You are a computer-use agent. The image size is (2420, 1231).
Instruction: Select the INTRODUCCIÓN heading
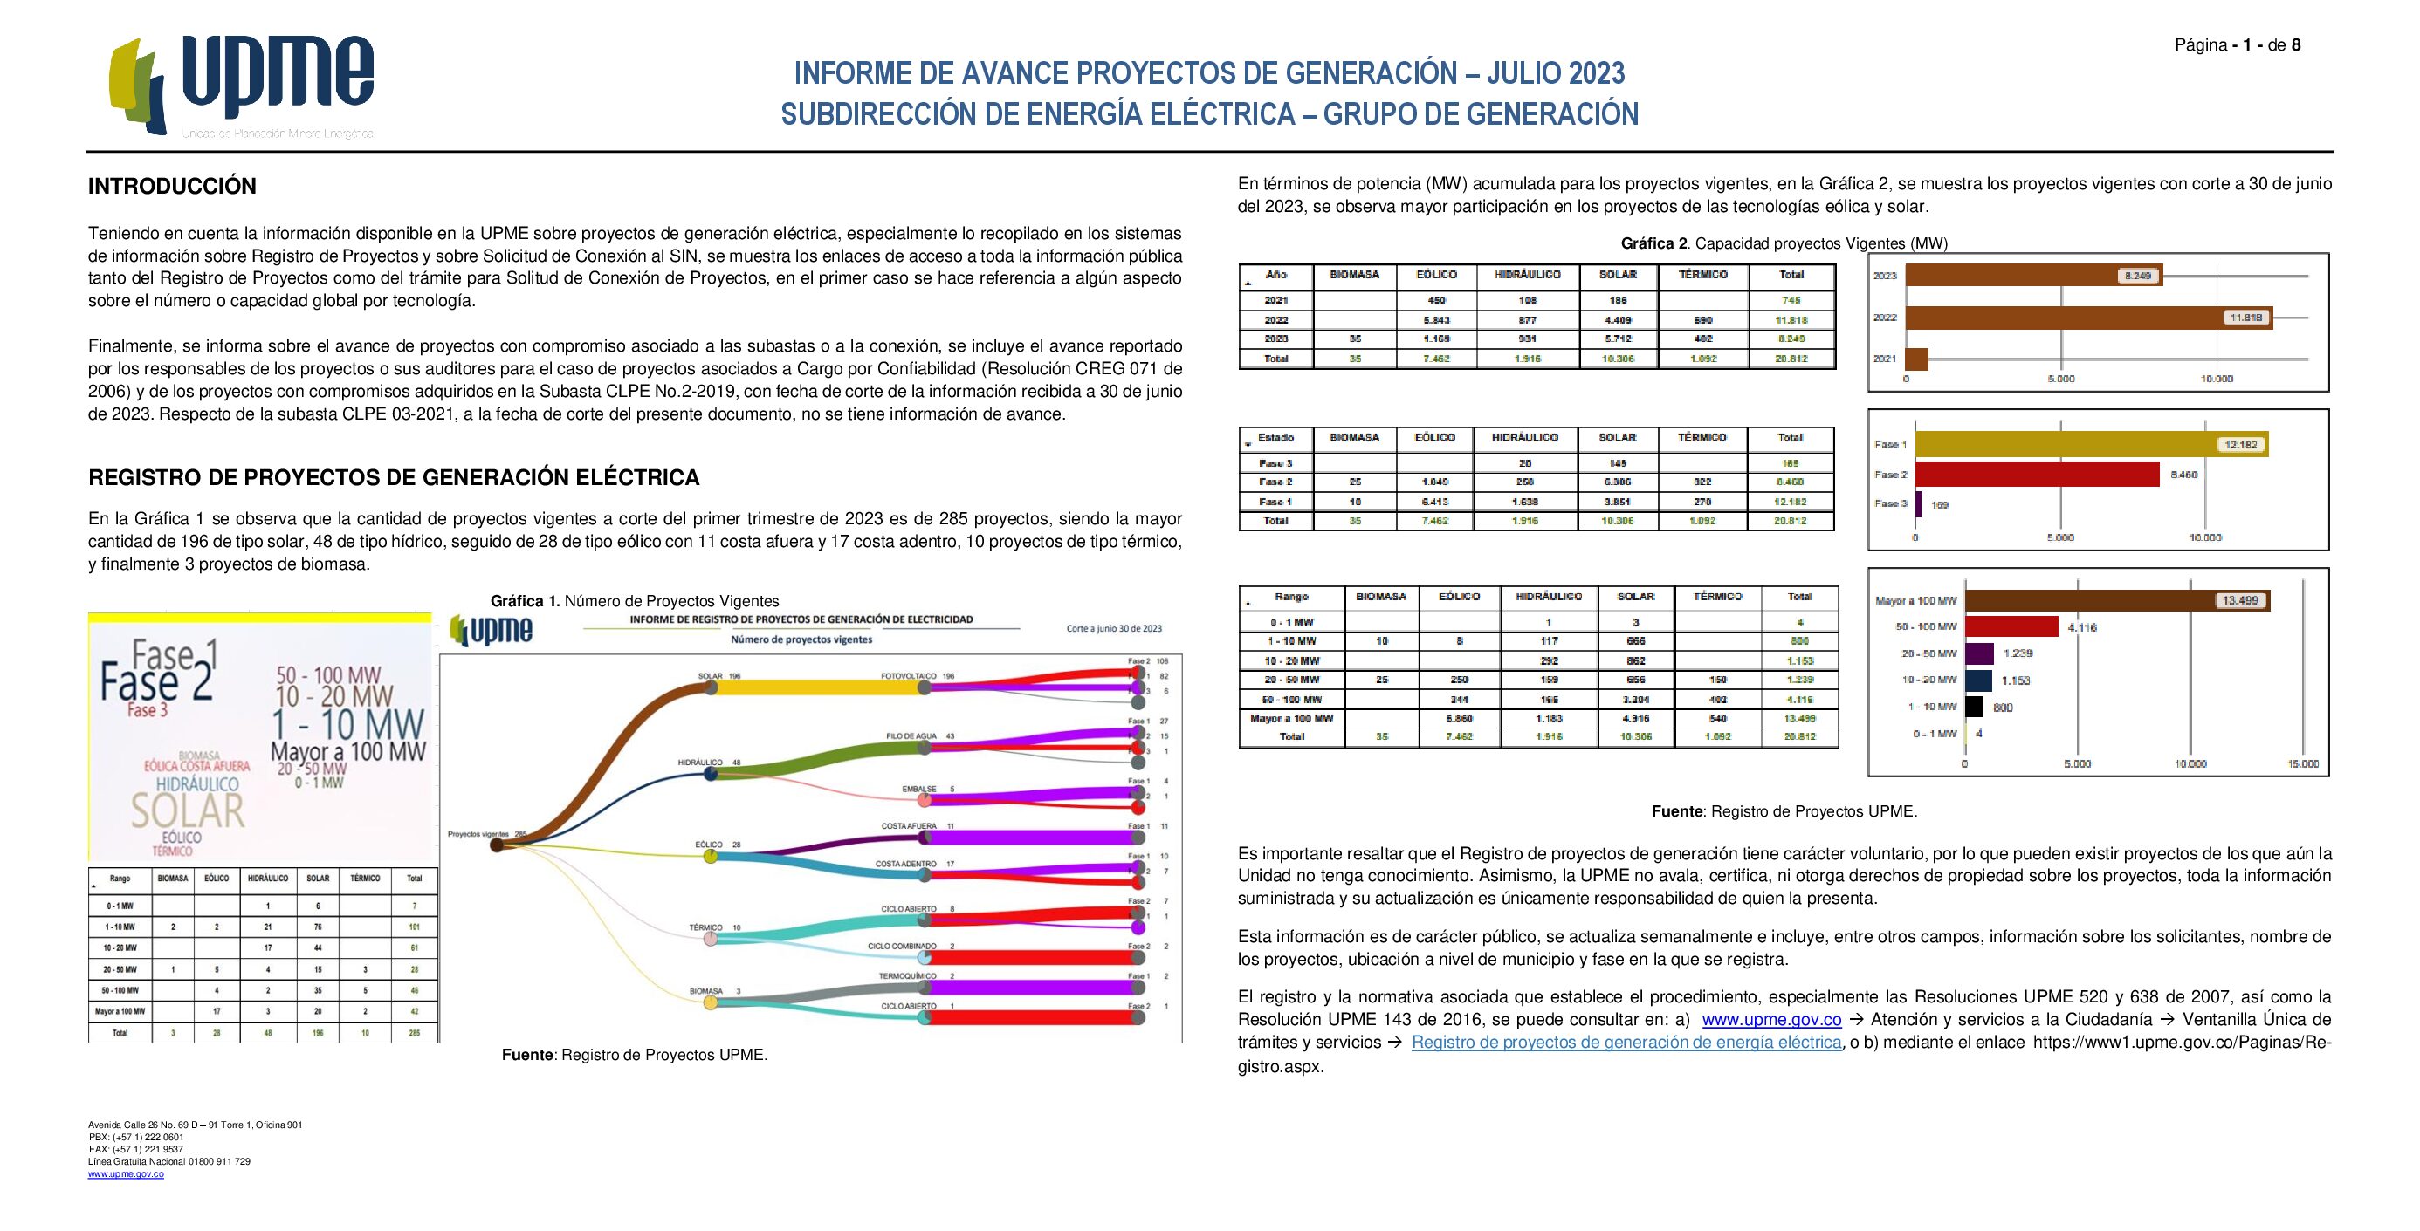tap(172, 186)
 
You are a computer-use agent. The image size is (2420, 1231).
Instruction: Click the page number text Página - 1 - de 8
tap(2237, 45)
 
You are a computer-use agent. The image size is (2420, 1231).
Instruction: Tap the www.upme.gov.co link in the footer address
tap(126, 1173)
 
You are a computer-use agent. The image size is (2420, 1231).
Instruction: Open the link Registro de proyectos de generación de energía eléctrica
tap(1626, 1043)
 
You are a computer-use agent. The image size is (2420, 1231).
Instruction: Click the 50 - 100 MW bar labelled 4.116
tap(2011, 626)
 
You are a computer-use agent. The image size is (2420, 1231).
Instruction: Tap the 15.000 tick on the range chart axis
tap(2302, 763)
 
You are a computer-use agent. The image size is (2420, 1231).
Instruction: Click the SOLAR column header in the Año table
tap(1617, 275)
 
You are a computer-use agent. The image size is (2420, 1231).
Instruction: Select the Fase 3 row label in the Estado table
tap(1275, 463)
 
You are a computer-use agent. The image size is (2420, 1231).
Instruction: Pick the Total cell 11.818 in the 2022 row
tap(1791, 319)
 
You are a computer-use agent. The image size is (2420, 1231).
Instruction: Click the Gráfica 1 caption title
tap(634, 601)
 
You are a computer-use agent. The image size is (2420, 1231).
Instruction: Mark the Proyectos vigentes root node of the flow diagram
tap(497, 845)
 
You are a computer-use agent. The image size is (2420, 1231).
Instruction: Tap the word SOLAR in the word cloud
tap(187, 810)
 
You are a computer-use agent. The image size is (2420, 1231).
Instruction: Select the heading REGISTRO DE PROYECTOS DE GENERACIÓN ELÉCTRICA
tap(394, 478)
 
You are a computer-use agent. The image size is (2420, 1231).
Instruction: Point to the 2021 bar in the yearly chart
tap(1916, 359)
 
